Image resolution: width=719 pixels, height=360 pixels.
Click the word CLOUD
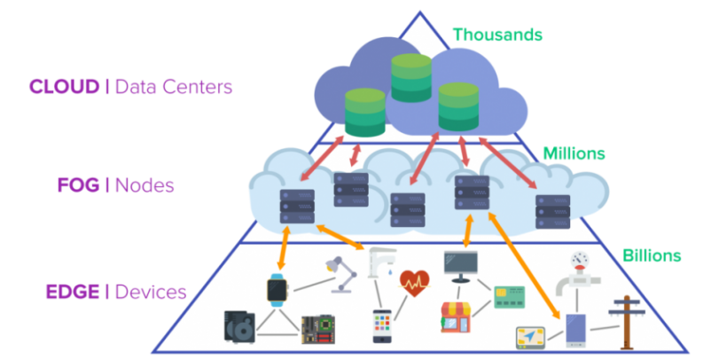coord(63,87)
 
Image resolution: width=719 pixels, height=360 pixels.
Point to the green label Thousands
coord(497,35)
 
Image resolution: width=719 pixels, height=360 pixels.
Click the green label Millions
coord(574,153)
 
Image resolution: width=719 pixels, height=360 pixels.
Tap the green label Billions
coord(652,255)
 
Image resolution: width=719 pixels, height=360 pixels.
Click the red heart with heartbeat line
coord(414,283)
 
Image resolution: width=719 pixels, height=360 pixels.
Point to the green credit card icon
coord(506,295)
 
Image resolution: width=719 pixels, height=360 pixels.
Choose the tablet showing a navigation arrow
coord(535,338)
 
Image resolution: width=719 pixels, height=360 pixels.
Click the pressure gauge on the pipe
coord(579,259)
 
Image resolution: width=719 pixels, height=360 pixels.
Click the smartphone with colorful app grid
coord(381,325)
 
